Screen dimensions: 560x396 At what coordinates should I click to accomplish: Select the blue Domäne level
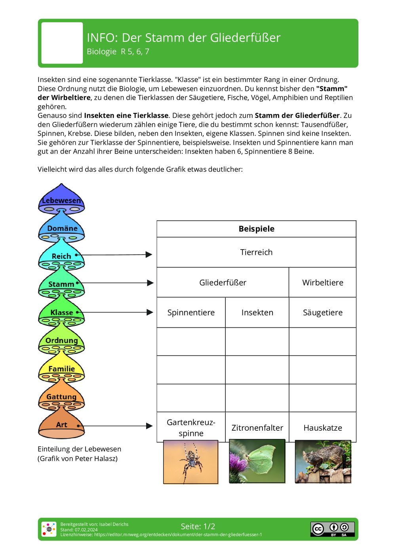(x=61, y=228)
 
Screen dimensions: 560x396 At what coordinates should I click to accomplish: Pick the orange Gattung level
(x=61, y=396)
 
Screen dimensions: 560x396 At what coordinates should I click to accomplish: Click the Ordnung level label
(x=61, y=340)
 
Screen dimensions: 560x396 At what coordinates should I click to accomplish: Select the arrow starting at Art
(x=115, y=426)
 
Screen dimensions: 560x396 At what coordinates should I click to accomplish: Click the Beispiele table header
(x=256, y=229)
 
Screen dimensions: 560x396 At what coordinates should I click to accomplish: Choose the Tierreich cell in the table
(x=256, y=252)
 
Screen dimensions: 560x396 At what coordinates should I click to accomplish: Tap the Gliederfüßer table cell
(x=223, y=282)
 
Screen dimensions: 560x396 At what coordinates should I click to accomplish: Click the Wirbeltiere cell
(x=322, y=282)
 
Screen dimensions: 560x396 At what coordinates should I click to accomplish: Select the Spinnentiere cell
(x=191, y=312)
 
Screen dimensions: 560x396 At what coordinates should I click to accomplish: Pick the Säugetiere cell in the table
(x=322, y=312)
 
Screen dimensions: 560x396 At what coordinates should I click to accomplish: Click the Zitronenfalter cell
(x=257, y=428)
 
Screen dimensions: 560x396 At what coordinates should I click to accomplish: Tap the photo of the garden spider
(x=191, y=462)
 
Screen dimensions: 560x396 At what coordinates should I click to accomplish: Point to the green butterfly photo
(x=257, y=461)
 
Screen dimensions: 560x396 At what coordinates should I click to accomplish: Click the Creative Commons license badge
(x=332, y=529)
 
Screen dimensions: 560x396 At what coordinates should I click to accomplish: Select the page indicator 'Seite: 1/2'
(x=198, y=526)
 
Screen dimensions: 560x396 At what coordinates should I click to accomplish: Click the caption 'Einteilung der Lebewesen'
(x=79, y=449)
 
